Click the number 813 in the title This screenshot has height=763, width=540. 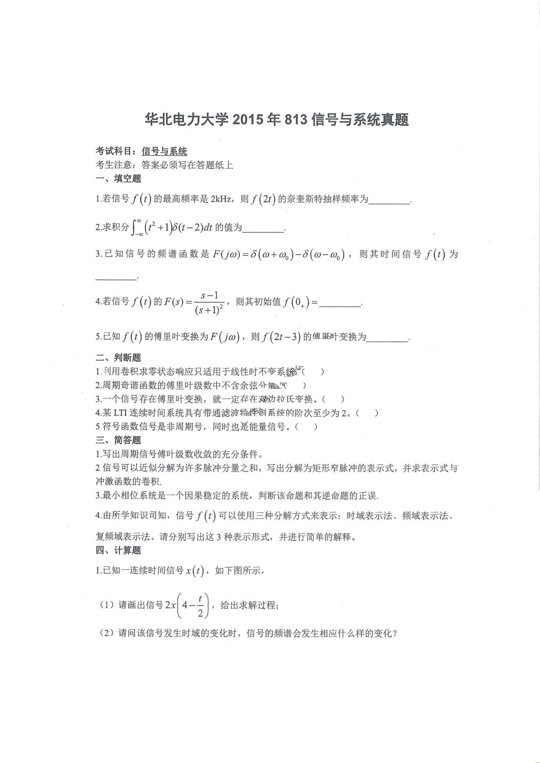point(297,120)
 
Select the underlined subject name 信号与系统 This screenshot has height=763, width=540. point(164,151)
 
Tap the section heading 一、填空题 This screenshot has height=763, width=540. point(118,179)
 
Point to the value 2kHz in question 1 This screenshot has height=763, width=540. point(222,199)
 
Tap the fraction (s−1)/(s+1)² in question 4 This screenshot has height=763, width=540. point(208,303)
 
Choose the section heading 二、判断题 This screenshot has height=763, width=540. point(118,358)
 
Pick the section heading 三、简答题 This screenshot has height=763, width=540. point(118,440)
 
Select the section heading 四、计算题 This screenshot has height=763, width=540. point(118,550)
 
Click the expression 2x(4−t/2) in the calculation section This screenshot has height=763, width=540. point(187,605)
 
